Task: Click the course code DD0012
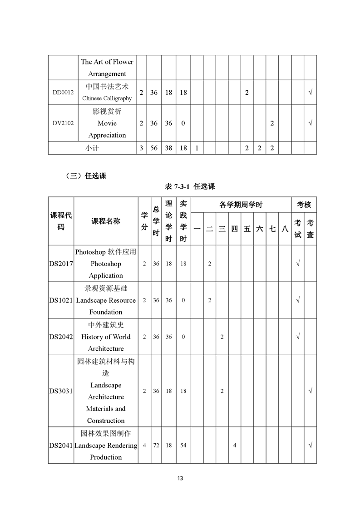(x=63, y=93)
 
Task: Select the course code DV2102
(x=63, y=123)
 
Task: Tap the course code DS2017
(x=61, y=264)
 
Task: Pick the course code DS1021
(x=61, y=300)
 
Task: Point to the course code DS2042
(x=61, y=337)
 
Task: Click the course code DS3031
(x=61, y=391)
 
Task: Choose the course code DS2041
(x=61, y=445)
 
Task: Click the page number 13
(x=180, y=478)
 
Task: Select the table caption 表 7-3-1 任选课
(x=190, y=186)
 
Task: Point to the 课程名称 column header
(x=106, y=221)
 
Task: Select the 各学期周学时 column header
(x=241, y=205)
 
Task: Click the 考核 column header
(x=304, y=205)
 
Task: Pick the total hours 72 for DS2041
(x=156, y=445)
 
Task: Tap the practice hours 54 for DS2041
(x=183, y=445)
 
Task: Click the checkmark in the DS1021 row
(x=297, y=300)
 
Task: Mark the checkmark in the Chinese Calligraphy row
(x=310, y=93)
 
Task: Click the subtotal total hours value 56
(x=154, y=148)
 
